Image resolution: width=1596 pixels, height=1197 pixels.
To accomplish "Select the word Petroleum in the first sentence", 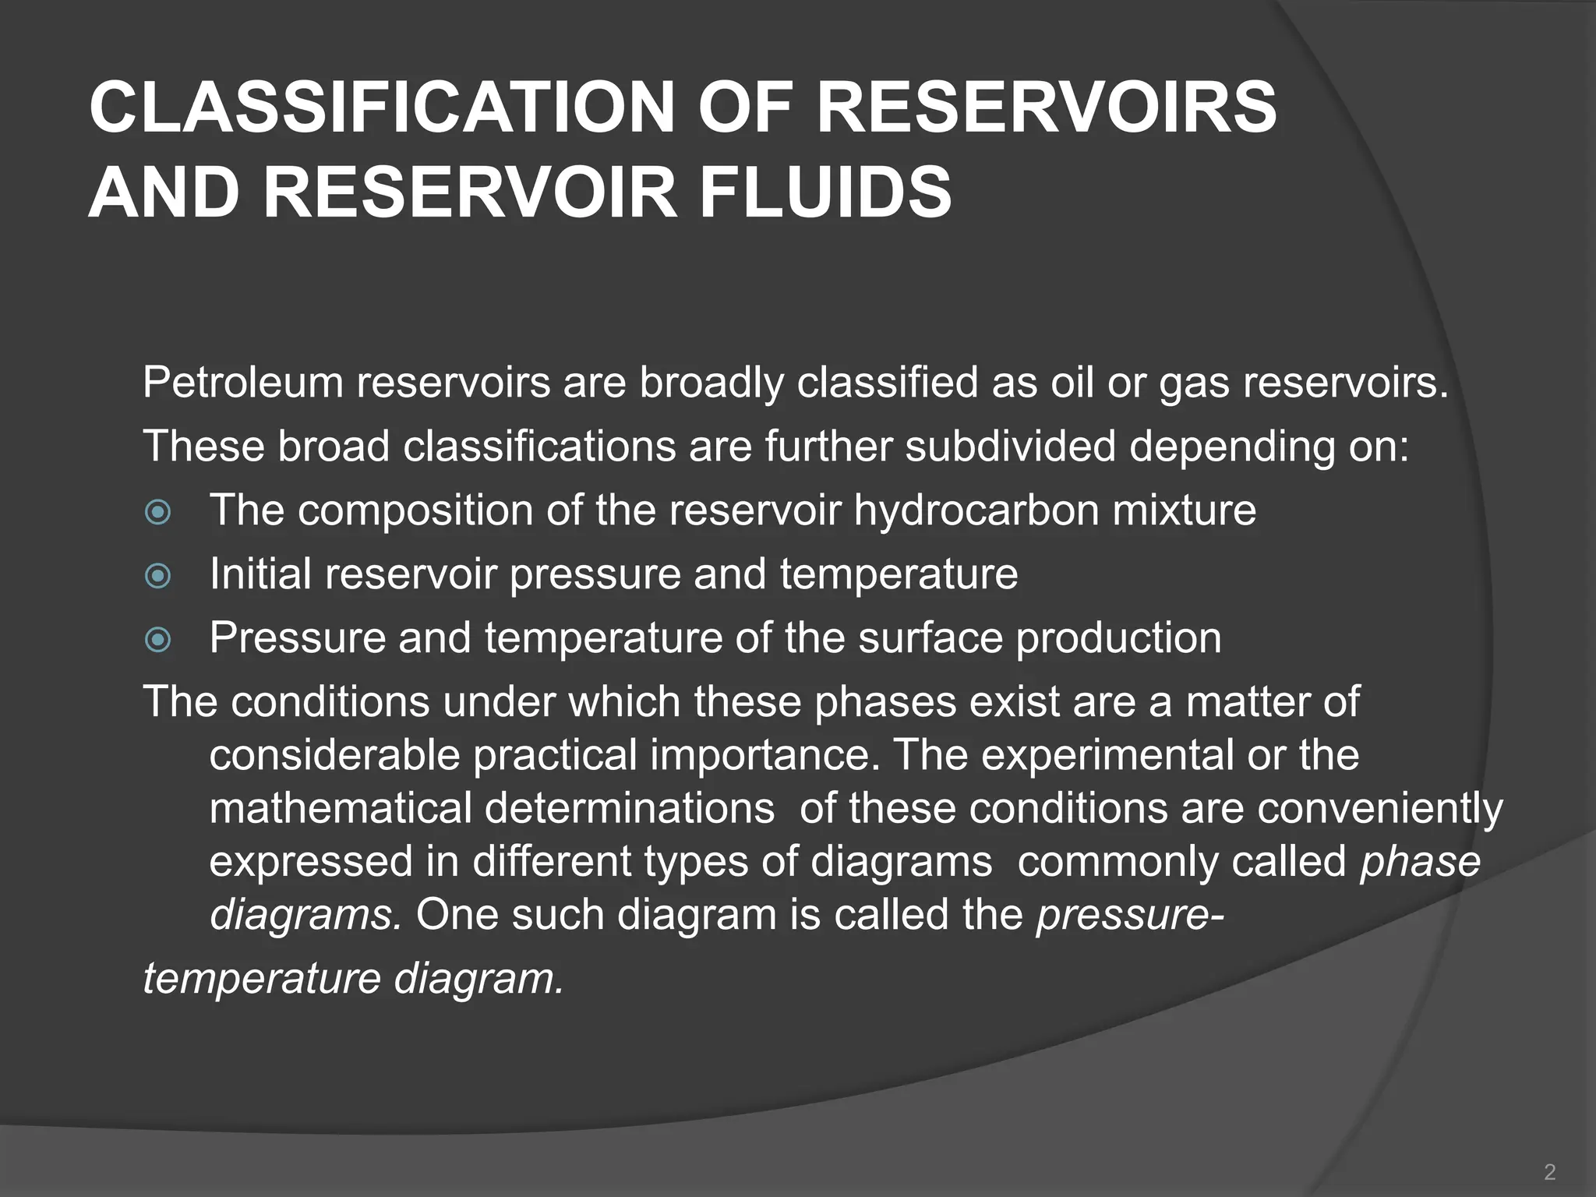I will pyautogui.click(x=242, y=383).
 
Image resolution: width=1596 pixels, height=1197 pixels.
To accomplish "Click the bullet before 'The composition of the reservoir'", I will pyautogui.click(x=158, y=512).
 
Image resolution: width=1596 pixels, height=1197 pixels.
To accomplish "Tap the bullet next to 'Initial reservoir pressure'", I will pyautogui.click(x=158, y=576).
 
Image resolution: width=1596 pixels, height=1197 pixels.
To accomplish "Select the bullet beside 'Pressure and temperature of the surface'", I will pyautogui.click(x=158, y=640).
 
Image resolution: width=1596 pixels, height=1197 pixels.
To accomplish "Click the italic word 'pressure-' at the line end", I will pyautogui.click(x=1129, y=915).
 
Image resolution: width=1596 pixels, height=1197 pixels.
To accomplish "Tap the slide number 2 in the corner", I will pyautogui.click(x=1549, y=1171).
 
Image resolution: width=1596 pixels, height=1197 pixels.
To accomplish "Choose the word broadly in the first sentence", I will pyautogui.click(x=711, y=383).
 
